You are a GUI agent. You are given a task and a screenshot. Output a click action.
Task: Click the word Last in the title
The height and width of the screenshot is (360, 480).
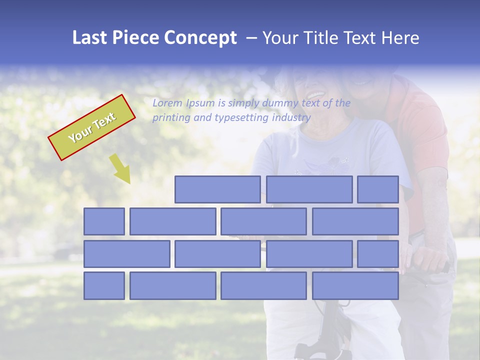tap(90, 38)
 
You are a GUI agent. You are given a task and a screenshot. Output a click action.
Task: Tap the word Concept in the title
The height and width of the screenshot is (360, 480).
tap(200, 38)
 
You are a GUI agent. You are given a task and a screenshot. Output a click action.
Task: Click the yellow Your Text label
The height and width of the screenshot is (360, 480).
tap(92, 127)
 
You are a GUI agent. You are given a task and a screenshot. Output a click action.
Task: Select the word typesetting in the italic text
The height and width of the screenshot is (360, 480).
tap(242, 118)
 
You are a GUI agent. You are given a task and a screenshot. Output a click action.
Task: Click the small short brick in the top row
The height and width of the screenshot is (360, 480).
tap(378, 189)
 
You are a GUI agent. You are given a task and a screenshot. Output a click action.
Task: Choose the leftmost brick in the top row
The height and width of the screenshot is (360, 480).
tap(217, 189)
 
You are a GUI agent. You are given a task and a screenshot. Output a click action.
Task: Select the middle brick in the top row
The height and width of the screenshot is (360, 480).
tap(309, 189)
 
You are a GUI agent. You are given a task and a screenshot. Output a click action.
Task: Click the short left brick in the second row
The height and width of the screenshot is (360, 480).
tap(104, 221)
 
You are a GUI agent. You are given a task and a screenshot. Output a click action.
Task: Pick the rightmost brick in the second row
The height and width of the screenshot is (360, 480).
tap(355, 221)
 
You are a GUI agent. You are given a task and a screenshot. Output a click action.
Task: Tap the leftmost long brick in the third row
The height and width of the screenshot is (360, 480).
tap(127, 254)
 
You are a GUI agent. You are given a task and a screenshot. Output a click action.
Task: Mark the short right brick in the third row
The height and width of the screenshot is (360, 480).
tap(378, 254)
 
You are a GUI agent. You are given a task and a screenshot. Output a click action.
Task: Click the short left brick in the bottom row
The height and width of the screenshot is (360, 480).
tap(104, 286)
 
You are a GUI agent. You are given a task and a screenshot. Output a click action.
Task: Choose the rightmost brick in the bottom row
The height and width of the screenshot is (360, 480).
tap(355, 286)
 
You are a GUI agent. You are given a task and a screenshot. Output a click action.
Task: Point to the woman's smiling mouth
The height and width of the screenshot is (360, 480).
tap(315, 94)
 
